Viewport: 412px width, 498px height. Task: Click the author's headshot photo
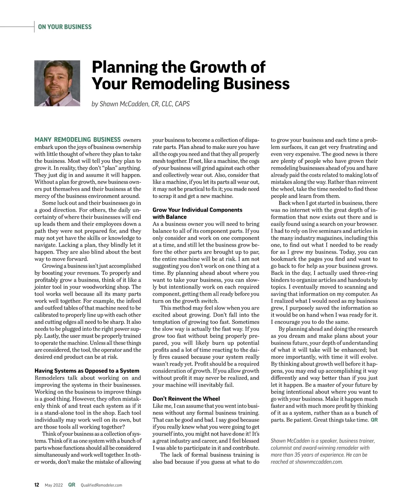(x=57, y=83)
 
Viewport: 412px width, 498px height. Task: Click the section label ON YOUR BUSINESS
(x=65, y=27)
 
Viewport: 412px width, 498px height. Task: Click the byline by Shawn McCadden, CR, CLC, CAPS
(x=140, y=103)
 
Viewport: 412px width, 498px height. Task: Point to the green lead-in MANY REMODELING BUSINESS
(x=78, y=140)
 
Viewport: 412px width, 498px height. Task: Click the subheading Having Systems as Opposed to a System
(x=87, y=371)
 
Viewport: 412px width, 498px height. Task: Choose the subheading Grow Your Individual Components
(x=197, y=210)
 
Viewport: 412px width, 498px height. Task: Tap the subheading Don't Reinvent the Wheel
(x=186, y=399)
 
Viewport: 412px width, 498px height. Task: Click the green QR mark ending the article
(x=374, y=420)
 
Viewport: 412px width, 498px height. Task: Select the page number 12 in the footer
(x=37, y=485)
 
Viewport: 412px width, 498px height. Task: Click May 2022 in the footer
(x=54, y=485)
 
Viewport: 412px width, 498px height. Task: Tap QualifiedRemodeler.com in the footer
(x=101, y=485)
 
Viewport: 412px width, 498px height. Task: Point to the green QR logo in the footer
(x=72, y=485)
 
